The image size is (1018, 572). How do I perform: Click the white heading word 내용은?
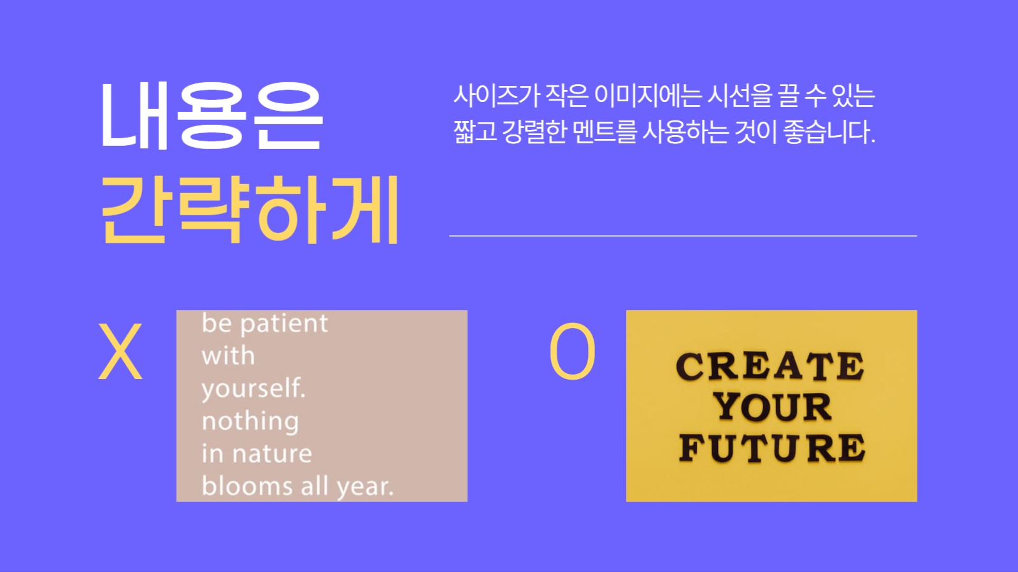coord(211,116)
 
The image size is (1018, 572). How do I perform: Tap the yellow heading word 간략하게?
coord(250,210)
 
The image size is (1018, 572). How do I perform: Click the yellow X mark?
coord(120,352)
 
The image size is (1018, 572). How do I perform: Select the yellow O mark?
coord(572,352)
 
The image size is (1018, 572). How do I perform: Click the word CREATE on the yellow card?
coord(770,367)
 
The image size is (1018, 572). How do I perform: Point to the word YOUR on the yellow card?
coord(772,408)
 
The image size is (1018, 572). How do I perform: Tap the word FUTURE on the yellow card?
coord(771,448)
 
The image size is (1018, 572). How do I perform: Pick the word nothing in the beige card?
coord(250,422)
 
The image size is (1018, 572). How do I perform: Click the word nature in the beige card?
coord(272,454)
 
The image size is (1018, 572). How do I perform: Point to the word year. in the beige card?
coord(365,487)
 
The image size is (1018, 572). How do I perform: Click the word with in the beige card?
coord(228,356)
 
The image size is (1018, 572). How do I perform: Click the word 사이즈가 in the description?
coord(496,96)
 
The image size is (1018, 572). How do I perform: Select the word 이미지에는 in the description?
coord(648,96)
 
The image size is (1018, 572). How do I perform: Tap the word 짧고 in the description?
coord(475,132)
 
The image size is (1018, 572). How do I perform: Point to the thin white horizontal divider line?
coord(683,236)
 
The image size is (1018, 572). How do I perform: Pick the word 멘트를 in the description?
coord(605,132)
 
